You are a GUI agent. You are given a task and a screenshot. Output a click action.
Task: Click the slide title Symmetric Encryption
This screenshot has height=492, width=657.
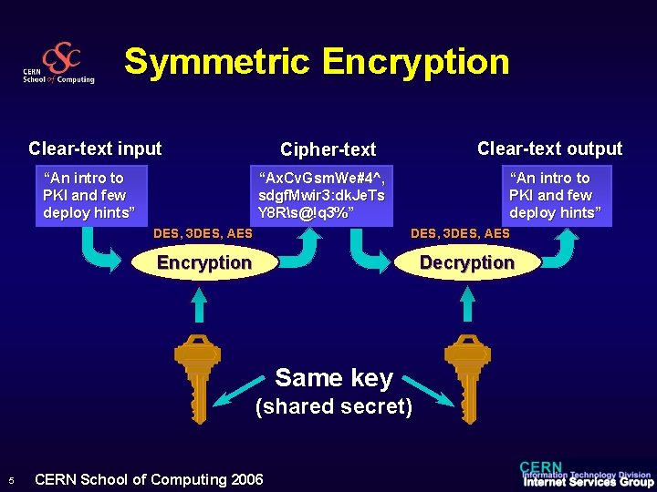coord(317,62)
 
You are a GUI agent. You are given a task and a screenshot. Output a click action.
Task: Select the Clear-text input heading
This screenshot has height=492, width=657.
coord(95,149)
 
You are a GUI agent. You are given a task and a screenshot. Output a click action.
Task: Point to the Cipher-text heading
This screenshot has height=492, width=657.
coord(328,149)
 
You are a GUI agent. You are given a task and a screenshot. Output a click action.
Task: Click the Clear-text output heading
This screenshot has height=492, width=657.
coord(549,149)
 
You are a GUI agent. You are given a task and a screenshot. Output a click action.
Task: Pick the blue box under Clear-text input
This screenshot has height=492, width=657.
coord(91,195)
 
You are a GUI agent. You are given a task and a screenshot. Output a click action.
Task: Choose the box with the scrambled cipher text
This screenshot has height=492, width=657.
coord(321,195)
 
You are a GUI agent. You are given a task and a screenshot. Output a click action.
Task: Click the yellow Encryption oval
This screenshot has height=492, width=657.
coord(204,263)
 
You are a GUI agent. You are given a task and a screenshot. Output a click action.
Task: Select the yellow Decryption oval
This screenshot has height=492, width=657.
coord(466,263)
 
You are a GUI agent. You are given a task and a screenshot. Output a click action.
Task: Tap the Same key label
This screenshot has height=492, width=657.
coord(334,377)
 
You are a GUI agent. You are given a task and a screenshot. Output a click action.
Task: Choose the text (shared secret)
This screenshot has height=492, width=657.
coord(334,406)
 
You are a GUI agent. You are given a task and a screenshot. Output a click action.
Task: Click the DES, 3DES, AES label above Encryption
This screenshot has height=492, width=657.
coord(203,234)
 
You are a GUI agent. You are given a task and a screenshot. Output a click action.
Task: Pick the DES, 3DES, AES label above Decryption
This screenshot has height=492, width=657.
coord(460,234)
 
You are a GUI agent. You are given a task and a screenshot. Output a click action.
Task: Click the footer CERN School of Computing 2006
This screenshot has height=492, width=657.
coord(148,479)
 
